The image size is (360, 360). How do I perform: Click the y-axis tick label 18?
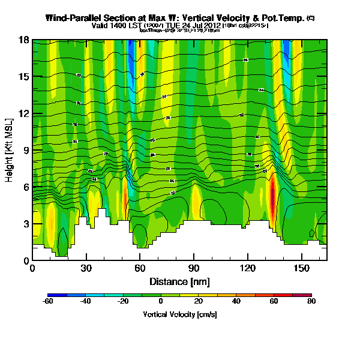coord(22,40)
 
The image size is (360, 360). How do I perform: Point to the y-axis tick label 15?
coord(22,77)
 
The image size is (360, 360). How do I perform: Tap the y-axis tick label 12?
coord(22,113)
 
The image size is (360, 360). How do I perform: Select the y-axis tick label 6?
coord(25,187)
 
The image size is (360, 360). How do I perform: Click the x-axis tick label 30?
coord(86,269)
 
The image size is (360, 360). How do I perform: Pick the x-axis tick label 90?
coord(194,269)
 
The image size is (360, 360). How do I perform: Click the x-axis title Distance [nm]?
coord(179,281)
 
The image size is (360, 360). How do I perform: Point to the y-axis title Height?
coord(10,150)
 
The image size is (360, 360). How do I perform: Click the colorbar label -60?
coord(48,302)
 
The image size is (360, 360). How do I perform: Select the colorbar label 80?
coord(311,302)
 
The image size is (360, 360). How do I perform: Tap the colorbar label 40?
coord(236,302)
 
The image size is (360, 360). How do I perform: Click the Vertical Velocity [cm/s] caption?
coord(179,314)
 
